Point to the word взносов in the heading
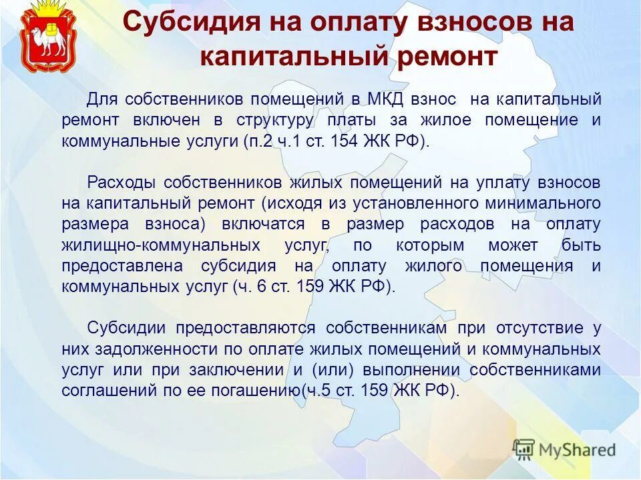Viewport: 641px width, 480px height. (x=465, y=23)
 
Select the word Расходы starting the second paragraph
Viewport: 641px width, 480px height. (x=122, y=183)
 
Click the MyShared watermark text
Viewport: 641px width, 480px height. (x=577, y=449)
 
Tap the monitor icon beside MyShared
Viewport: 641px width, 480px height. (x=524, y=449)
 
